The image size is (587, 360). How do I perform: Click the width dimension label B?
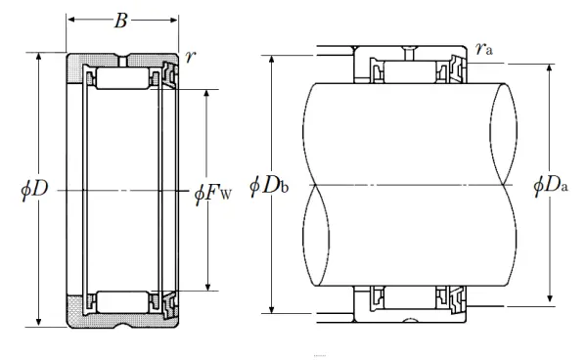[x=120, y=21]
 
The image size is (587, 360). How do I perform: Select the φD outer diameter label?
[x=34, y=189]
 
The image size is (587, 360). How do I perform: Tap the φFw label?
[x=212, y=193]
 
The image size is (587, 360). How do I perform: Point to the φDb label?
[x=269, y=185]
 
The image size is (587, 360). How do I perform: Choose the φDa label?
[x=550, y=185]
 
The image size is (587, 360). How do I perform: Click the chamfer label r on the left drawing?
[x=190, y=57]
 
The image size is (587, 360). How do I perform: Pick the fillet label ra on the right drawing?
[x=483, y=49]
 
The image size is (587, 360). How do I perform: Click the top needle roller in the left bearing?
[x=122, y=78]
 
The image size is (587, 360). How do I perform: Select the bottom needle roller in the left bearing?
[x=122, y=302]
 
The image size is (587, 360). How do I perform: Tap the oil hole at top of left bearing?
[x=122, y=61]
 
